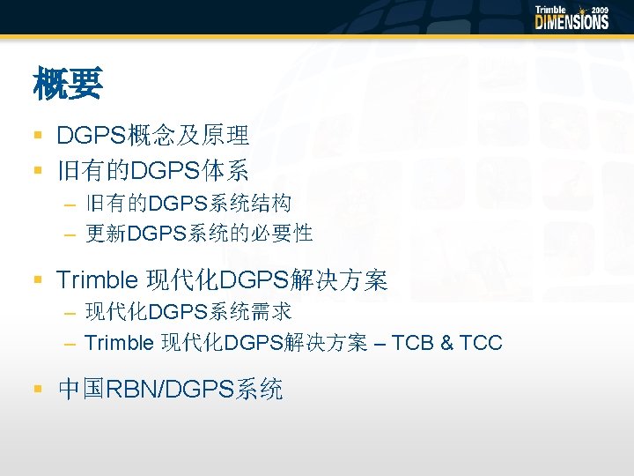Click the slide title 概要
pos(68,86)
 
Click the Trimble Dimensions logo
pos(571,18)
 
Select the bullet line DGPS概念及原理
pos(152,135)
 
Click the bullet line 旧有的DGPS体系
pos(152,169)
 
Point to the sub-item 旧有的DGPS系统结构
pos(188,205)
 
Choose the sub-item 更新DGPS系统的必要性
pos(199,234)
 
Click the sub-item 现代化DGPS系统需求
pos(188,312)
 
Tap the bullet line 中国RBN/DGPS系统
pos(170,389)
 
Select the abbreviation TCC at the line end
pos(481,342)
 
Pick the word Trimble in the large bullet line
pos(97,281)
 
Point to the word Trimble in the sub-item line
pos(119,342)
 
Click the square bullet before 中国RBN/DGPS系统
pos(38,389)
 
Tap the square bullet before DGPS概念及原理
pos(38,135)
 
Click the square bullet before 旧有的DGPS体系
pos(38,169)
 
